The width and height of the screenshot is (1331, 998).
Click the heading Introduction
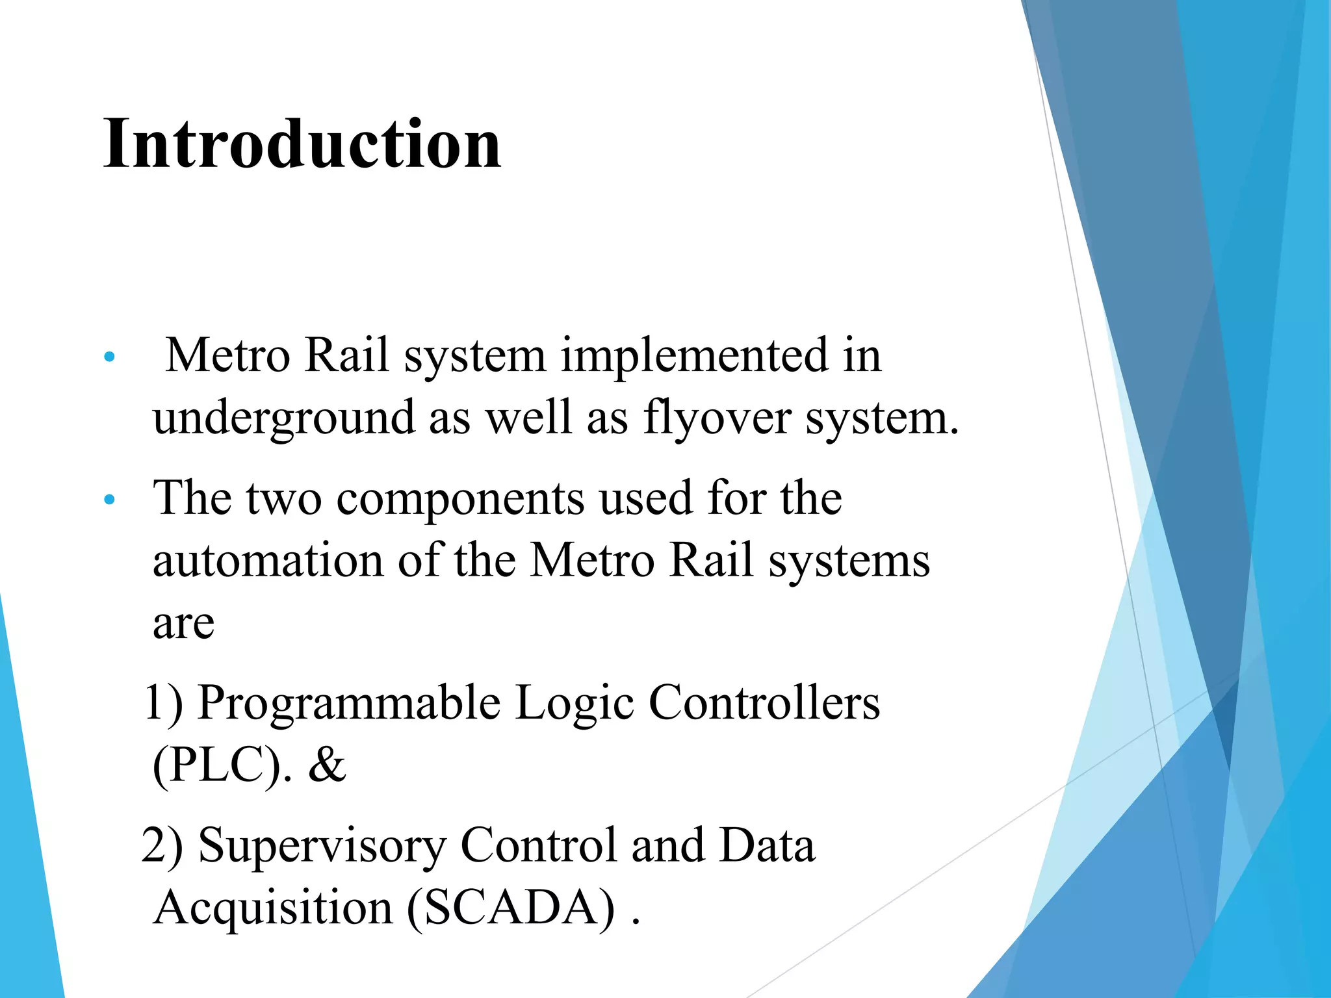click(x=302, y=144)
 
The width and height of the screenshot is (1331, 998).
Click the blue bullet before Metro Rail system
click(x=109, y=357)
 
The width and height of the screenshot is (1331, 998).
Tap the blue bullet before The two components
click(x=109, y=500)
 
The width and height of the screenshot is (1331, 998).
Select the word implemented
click(x=694, y=356)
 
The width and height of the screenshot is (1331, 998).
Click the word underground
click(x=283, y=418)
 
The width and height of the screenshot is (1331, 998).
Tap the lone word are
click(x=183, y=624)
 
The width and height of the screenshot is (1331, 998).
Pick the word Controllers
click(x=764, y=703)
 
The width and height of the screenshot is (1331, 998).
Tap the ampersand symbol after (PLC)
click(x=327, y=765)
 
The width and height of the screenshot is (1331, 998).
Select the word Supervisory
click(x=322, y=846)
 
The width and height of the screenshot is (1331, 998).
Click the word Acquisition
click(x=274, y=908)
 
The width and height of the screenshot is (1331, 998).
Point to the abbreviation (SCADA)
click(x=511, y=908)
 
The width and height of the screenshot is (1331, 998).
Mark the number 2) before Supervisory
click(x=162, y=846)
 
